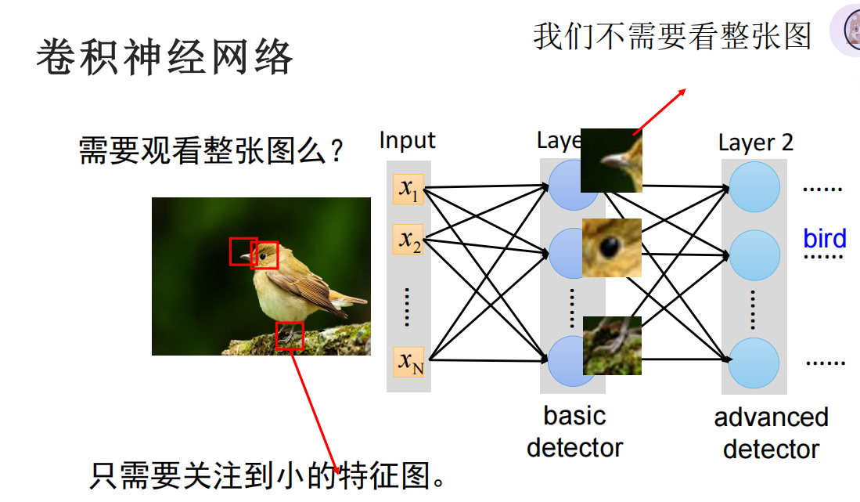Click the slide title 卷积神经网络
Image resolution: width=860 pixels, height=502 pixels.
(x=164, y=57)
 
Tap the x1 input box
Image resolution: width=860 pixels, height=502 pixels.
(x=408, y=190)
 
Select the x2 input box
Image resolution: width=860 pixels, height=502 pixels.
(x=408, y=239)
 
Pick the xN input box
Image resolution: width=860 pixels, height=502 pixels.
(x=408, y=361)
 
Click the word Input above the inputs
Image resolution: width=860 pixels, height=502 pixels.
(x=407, y=141)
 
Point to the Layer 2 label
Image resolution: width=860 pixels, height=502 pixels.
(x=755, y=143)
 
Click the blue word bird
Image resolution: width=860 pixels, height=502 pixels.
(x=824, y=239)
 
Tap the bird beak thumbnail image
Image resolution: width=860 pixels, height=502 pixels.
(x=611, y=161)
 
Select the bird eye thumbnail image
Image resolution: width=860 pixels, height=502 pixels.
(x=611, y=247)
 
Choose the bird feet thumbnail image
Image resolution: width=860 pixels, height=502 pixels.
(x=612, y=345)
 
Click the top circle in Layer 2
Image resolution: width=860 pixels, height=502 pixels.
(x=754, y=187)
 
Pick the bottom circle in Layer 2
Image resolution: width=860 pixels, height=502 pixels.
(x=754, y=363)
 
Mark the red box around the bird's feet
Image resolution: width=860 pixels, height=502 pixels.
(x=290, y=335)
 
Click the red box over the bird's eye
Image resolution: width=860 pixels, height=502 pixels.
(x=264, y=255)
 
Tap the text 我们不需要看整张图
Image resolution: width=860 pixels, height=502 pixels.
(x=672, y=36)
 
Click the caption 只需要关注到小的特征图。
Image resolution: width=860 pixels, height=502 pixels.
(x=270, y=475)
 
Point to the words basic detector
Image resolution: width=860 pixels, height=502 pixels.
(x=574, y=432)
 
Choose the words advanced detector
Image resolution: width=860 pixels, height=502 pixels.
(x=771, y=433)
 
